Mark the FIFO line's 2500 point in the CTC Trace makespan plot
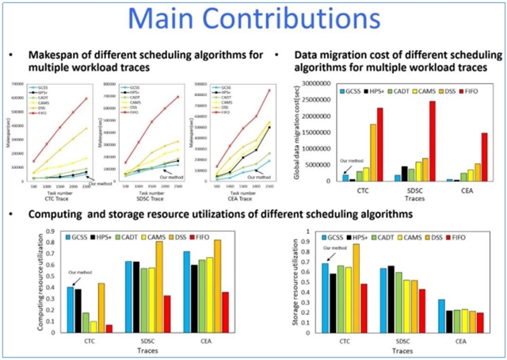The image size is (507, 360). (86, 99)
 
